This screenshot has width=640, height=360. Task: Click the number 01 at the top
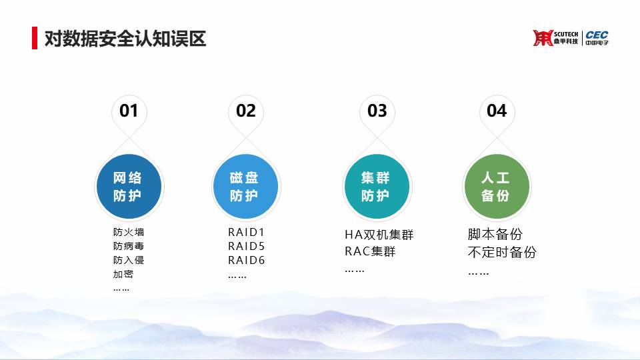(x=129, y=111)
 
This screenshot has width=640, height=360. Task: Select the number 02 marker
(x=246, y=111)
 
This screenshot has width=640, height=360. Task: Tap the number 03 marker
(x=377, y=111)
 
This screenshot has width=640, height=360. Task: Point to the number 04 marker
(x=497, y=111)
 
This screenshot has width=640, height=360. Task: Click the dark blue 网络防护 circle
(x=129, y=187)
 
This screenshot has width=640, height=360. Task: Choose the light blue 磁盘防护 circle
(x=246, y=187)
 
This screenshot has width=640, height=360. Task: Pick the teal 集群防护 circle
(x=377, y=187)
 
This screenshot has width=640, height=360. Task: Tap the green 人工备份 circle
(x=497, y=187)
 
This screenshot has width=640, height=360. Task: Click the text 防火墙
(x=129, y=232)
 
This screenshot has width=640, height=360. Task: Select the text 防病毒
(x=129, y=246)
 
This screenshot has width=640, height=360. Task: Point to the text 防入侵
(x=129, y=260)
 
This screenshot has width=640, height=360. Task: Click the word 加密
(x=123, y=274)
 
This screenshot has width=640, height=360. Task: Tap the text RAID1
(x=246, y=232)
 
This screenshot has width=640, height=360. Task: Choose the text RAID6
(x=246, y=260)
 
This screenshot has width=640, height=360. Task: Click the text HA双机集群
(x=379, y=235)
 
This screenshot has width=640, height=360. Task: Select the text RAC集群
(x=370, y=251)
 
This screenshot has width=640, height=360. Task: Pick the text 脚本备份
(x=495, y=234)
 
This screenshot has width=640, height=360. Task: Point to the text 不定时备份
(x=502, y=252)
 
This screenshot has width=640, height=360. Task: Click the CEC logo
(x=597, y=37)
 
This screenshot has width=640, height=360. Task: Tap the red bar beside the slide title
(x=35, y=38)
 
